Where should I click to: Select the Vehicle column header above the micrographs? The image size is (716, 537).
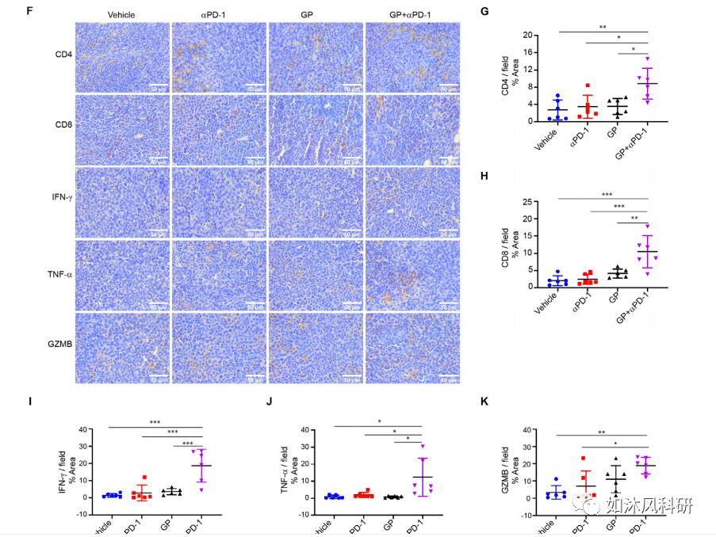tap(123, 15)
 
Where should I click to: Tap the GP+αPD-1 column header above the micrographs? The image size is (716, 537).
tap(411, 15)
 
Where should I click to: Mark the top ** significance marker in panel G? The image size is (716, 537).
tap(603, 28)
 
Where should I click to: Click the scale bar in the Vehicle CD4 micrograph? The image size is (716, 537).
tap(157, 85)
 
